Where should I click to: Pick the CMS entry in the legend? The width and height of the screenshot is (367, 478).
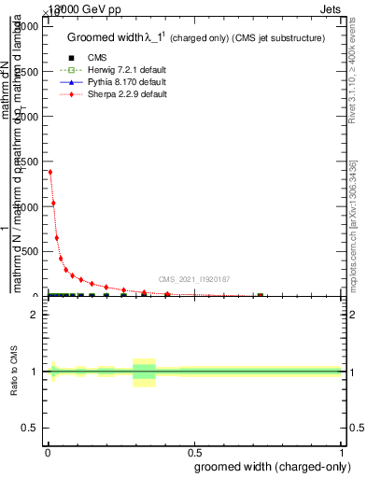tap(91, 57)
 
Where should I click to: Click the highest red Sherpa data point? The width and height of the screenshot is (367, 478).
tap(49, 172)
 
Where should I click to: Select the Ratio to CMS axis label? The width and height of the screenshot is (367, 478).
tap(14, 372)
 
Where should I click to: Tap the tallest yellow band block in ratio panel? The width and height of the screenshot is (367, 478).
tap(144, 372)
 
